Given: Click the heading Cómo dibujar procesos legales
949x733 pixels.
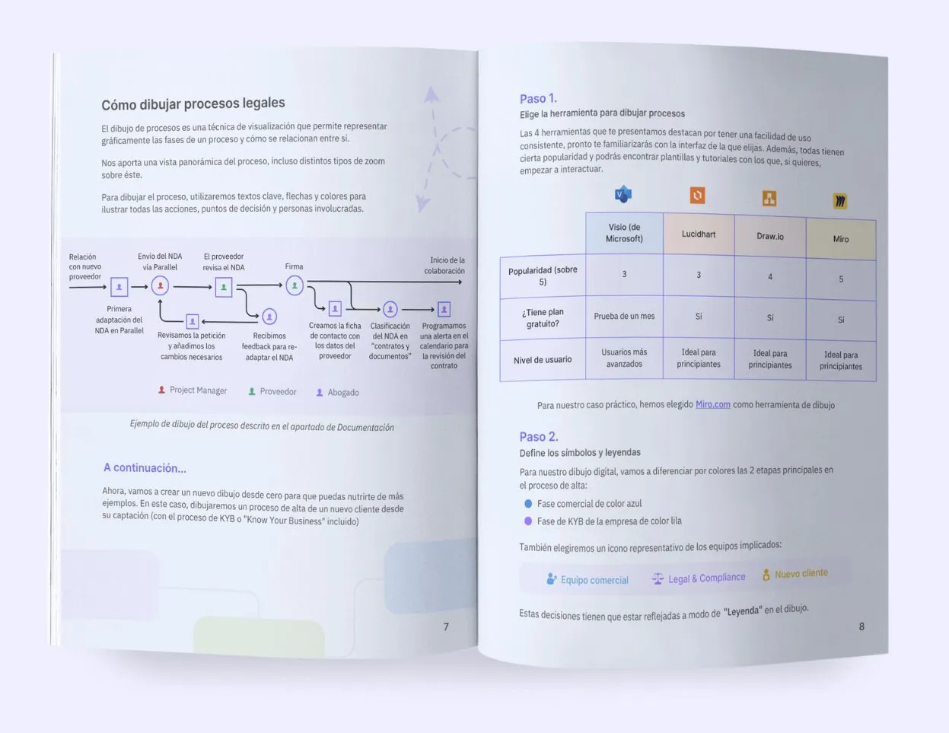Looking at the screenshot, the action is pyautogui.click(x=193, y=104).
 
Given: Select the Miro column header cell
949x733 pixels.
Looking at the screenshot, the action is pyautogui.click(x=841, y=239).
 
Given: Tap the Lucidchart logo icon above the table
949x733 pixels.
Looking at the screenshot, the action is pyautogui.click(x=697, y=196).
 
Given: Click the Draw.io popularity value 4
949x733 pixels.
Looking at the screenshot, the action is pyautogui.click(x=770, y=276).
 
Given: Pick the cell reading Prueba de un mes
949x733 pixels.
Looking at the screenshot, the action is pyautogui.click(x=624, y=317).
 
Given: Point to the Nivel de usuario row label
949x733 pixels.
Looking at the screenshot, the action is pyautogui.click(x=543, y=360).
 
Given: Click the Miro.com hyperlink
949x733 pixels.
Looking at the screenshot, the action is pyautogui.click(x=713, y=404).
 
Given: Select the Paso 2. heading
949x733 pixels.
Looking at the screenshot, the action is pyautogui.click(x=539, y=436).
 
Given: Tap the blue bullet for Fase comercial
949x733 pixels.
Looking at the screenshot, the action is pyautogui.click(x=528, y=504).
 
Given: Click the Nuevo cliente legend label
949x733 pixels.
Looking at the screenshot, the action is pyautogui.click(x=801, y=574).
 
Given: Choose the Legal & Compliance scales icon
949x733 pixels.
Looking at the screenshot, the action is pyautogui.click(x=658, y=578).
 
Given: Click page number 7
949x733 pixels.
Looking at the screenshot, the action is pyautogui.click(x=446, y=627).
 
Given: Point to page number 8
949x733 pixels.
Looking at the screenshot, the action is pyautogui.click(x=861, y=626).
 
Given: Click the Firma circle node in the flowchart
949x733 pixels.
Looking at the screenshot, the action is pyautogui.click(x=295, y=285).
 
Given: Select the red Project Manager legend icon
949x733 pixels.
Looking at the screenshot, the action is pyautogui.click(x=161, y=390).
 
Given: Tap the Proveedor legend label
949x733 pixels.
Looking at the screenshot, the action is pyautogui.click(x=278, y=391).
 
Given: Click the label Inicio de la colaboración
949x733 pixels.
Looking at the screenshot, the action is pyautogui.click(x=444, y=265).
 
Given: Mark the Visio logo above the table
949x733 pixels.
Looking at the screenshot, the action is pyautogui.click(x=623, y=193).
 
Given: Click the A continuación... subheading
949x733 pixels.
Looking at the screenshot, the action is pyautogui.click(x=145, y=468).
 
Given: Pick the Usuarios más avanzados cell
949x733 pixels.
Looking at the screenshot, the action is pyautogui.click(x=624, y=358).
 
